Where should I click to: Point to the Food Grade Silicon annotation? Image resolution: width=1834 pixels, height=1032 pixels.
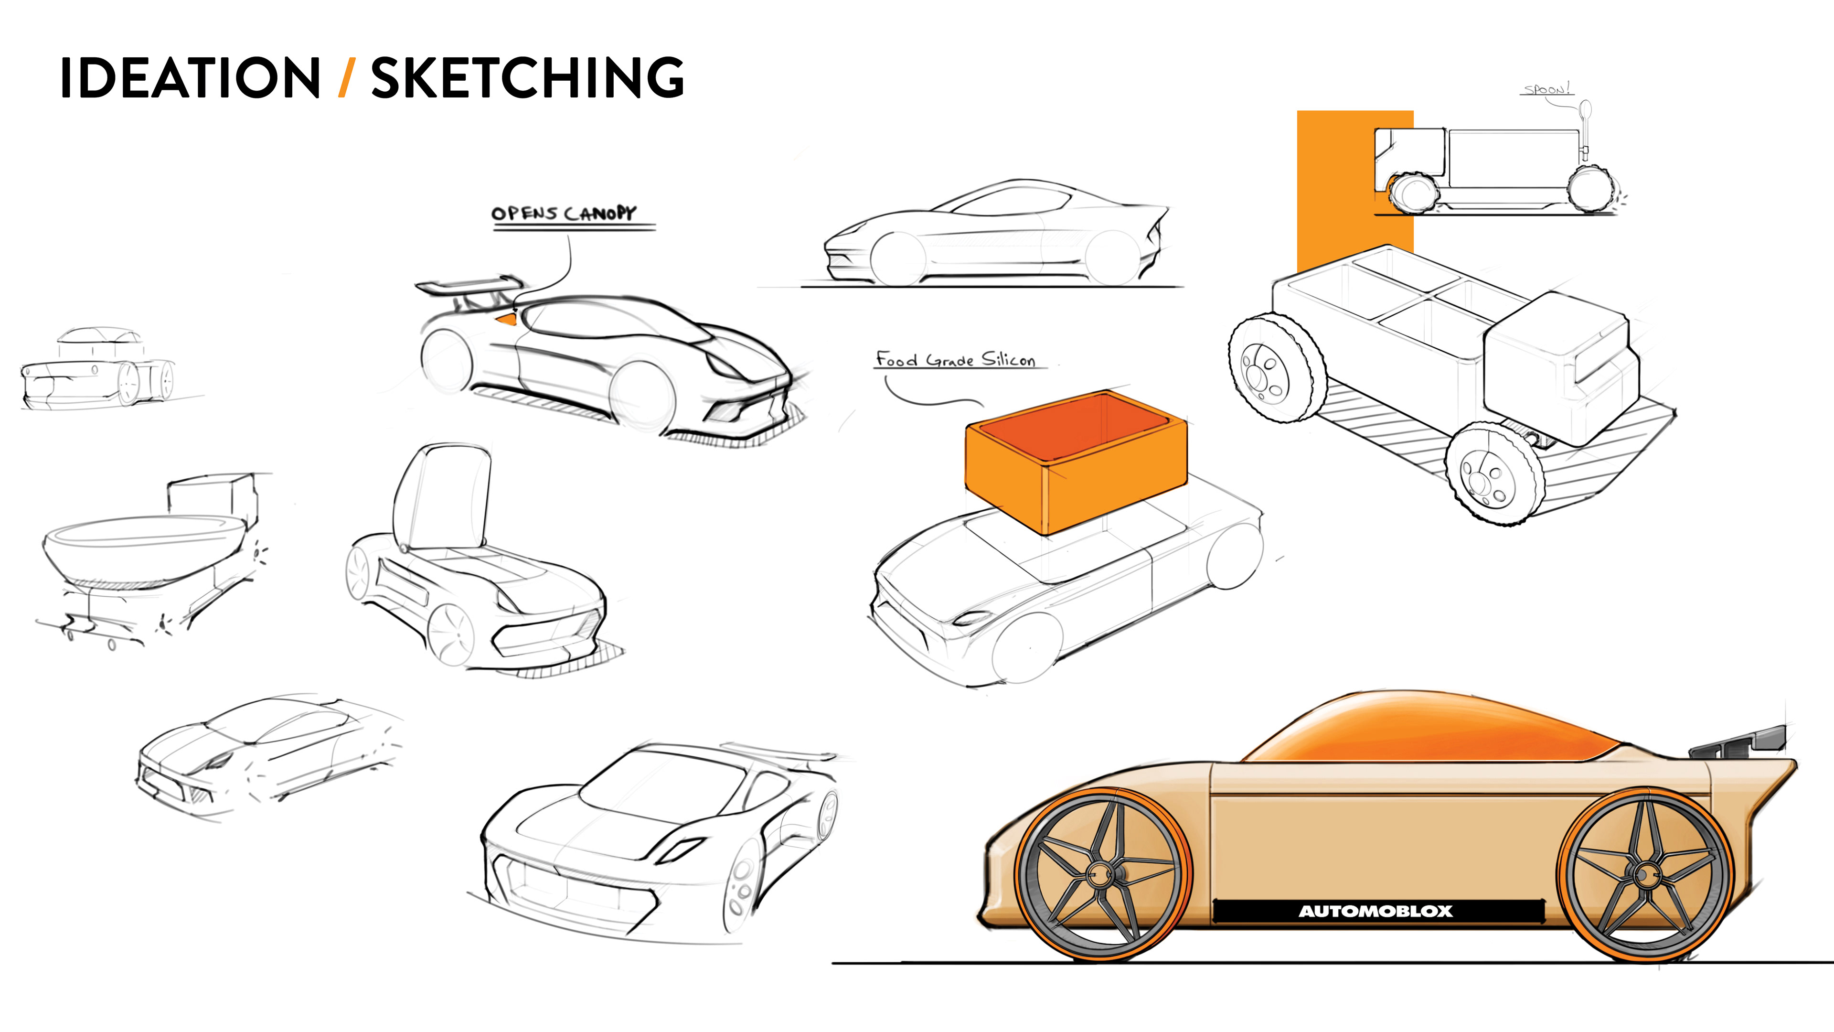tap(955, 360)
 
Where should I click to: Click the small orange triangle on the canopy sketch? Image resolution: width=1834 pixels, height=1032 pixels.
tap(506, 320)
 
